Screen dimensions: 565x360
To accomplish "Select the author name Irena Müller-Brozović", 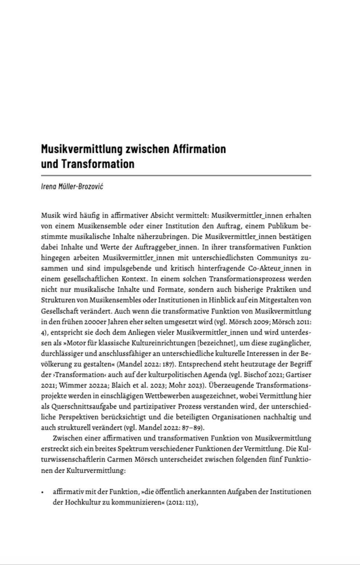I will pos(72,186).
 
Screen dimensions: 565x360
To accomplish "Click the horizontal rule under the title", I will pos(176,175).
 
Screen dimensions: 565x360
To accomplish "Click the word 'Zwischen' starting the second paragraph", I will pos(66,438).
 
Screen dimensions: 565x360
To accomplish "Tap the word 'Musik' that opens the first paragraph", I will pos(49,215).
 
